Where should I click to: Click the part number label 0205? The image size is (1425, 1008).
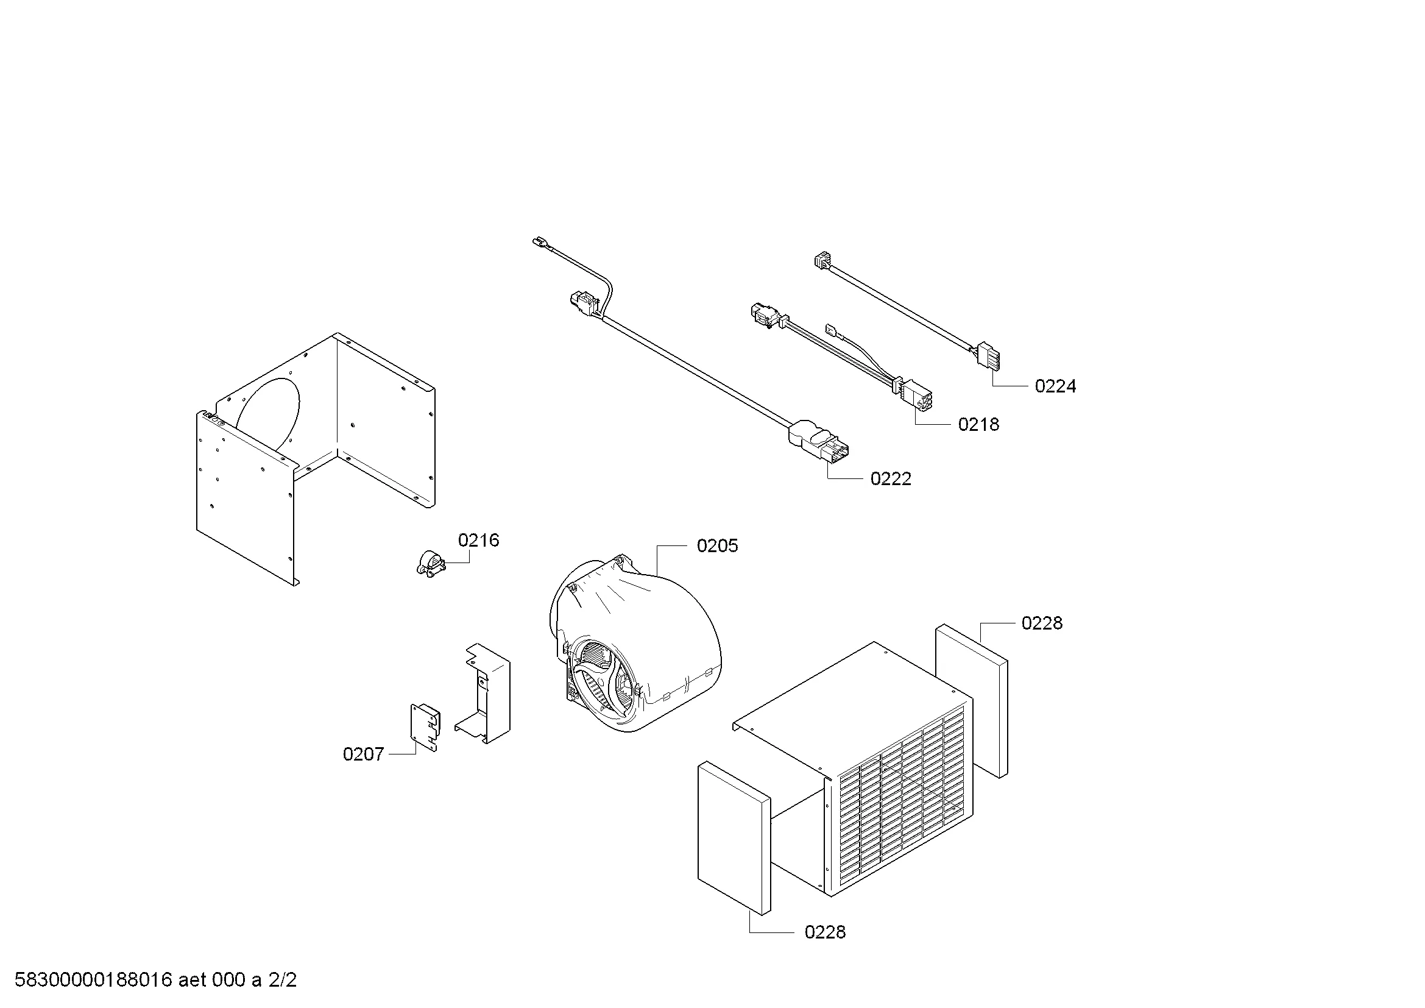pyautogui.click(x=717, y=545)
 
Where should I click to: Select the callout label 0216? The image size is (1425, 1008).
pyautogui.click(x=478, y=540)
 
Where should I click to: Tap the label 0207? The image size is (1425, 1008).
pyautogui.click(x=364, y=754)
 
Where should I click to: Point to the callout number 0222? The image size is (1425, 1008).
pyautogui.click(x=891, y=478)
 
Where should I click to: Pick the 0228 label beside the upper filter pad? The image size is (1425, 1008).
pyautogui.click(x=1042, y=623)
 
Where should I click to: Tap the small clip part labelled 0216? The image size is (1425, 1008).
pyautogui.click(x=430, y=563)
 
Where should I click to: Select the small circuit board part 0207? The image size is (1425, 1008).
pyautogui.click(x=425, y=727)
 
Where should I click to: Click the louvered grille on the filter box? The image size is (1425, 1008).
pyautogui.click(x=902, y=801)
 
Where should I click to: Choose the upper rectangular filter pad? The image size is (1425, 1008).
pyautogui.click(x=971, y=701)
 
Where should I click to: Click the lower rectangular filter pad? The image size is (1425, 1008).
pyautogui.click(x=734, y=839)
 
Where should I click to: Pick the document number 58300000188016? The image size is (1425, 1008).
pyautogui.click(x=93, y=980)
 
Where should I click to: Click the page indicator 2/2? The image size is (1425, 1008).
pyautogui.click(x=283, y=980)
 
